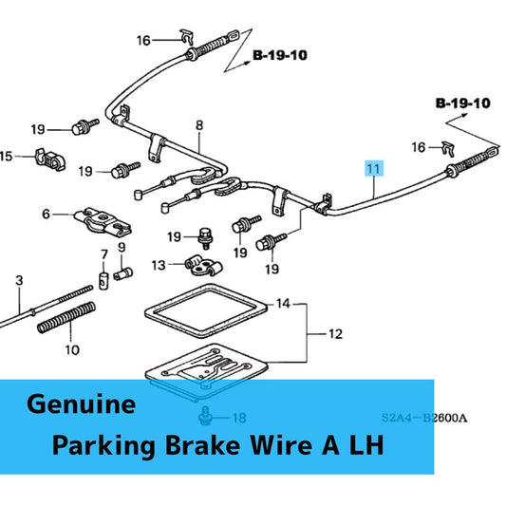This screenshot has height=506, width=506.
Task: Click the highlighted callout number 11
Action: click(x=374, y=169)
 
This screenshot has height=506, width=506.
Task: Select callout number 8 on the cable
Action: click(x=199, y=125)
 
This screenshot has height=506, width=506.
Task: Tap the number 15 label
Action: click(x=7, y=156)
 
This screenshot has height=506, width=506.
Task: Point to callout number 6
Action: click(x=45, y=215)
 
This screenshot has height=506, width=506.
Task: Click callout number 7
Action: click(x=103, y=254)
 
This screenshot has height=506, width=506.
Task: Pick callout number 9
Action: click(x=122, y=248)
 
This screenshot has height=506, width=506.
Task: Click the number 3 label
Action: click(x=18, y=281)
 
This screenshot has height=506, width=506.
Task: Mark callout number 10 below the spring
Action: click(x=72, y=349)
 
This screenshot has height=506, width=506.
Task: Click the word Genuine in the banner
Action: click(x=81, y=404)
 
